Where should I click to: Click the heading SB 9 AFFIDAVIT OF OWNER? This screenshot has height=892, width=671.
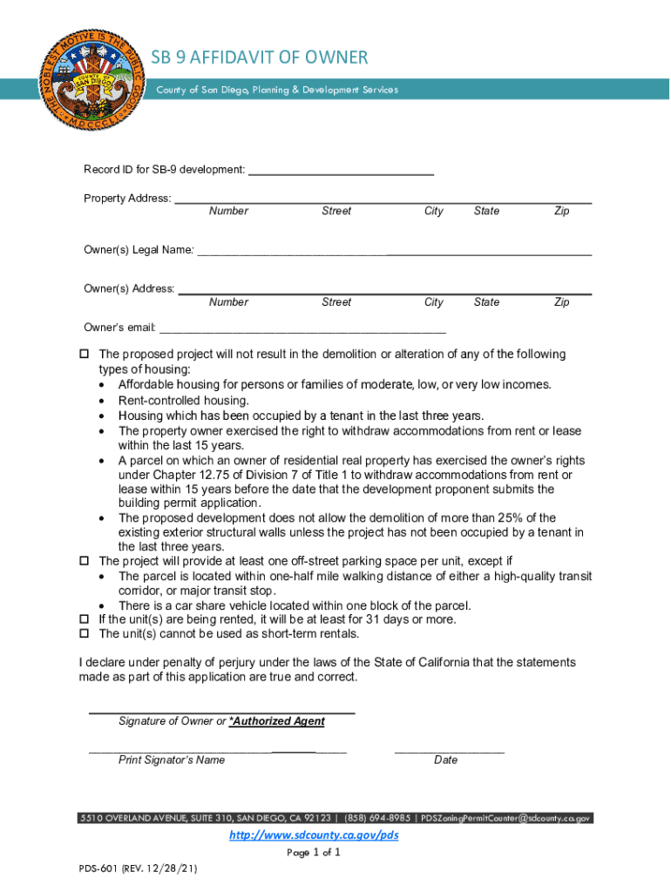click(260, 57)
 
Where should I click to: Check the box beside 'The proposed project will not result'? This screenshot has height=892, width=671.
click(85, 355)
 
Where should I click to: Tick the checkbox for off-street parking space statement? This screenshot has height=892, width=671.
click(85, 561)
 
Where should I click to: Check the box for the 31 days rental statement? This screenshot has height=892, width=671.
click(85, 619)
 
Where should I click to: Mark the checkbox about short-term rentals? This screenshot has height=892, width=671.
click(85, 634)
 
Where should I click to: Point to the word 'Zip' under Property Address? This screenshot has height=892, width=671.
click(561, 211)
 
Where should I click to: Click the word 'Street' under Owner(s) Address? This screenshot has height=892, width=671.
click(336, 302)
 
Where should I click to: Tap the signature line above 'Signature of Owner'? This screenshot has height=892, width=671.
click(221, 712)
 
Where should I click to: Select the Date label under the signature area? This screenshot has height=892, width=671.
click(445, 760)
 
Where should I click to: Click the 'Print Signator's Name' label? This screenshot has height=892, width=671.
click(172, 760)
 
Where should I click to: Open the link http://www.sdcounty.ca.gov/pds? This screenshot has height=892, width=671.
click(313, 835)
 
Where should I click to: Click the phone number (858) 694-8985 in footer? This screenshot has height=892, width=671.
click(376, 818)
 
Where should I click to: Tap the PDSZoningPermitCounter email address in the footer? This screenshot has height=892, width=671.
click(506, 818)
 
